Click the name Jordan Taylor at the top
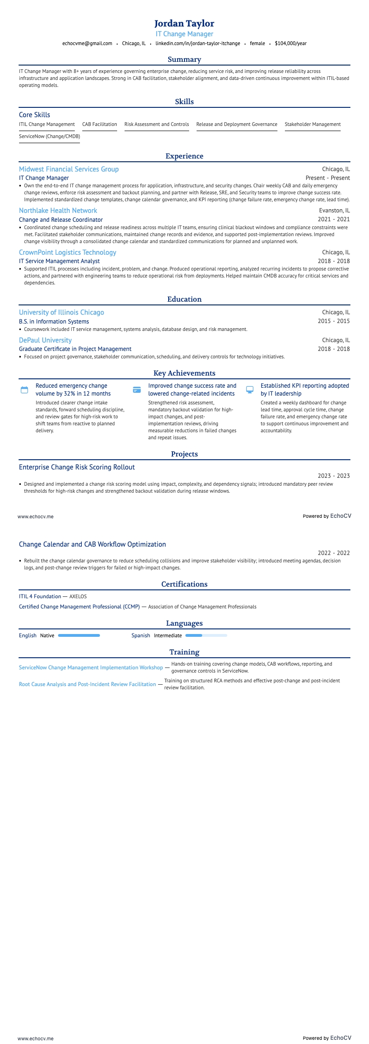(x=184, y=24)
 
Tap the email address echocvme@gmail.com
(x=87, y=44)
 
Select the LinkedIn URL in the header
(x=198, y=44)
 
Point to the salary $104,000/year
(x=290, y=44)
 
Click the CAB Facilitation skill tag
(x=99, y=125)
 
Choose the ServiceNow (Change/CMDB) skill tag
(x=49, y=137)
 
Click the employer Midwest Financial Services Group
(x=69, y=169)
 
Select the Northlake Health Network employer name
(x=58, y=211)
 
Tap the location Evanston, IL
(x=334, y=211)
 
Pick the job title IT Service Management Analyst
(x=59, y=261)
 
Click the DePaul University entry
(x=45, y=340)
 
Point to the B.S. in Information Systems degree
(x=54, y=322)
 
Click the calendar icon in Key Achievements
(x=25, y=390)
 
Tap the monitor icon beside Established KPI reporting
(x=250, y=390)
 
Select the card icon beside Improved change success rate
(x=137, y=390)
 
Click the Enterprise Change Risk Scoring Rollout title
(x=77, y=467)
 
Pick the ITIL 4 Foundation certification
(x=40, y=596)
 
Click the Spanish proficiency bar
(x=206, y=635)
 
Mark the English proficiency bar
(x=79, y=635)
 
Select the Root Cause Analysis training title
(x=87, y=684)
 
